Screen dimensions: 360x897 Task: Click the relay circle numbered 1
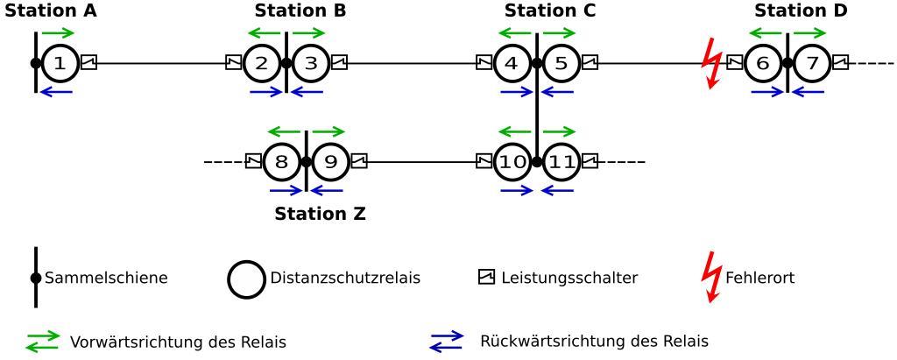coord(60,63)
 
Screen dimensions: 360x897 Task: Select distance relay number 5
coord(562,63)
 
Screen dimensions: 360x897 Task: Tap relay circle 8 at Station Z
coord(281,161)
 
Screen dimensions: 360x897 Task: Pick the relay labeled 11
coord(562,161)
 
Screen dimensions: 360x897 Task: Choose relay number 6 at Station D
coord(763,63)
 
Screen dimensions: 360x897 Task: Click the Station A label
coord(51,11)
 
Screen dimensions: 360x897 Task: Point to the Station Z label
coord(320,213)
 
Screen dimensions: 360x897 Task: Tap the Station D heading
coord(801,11)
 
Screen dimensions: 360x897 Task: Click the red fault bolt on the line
coord(712,63)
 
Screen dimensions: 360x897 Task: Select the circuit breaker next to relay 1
coord(88,62)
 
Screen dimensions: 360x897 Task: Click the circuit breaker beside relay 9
coord(358,161)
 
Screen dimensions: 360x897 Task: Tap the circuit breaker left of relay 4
coord(484,62)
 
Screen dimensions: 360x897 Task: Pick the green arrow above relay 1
coord(58,33)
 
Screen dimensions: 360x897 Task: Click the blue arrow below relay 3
coord(307,91)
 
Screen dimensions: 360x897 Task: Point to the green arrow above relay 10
coord(515,131)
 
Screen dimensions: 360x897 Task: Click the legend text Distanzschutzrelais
coord(346,278)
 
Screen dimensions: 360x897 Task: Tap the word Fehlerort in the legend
coord(760,278)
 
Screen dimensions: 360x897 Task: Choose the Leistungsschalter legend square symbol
coord(486,277)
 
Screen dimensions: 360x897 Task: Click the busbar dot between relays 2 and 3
coord(286,63)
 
